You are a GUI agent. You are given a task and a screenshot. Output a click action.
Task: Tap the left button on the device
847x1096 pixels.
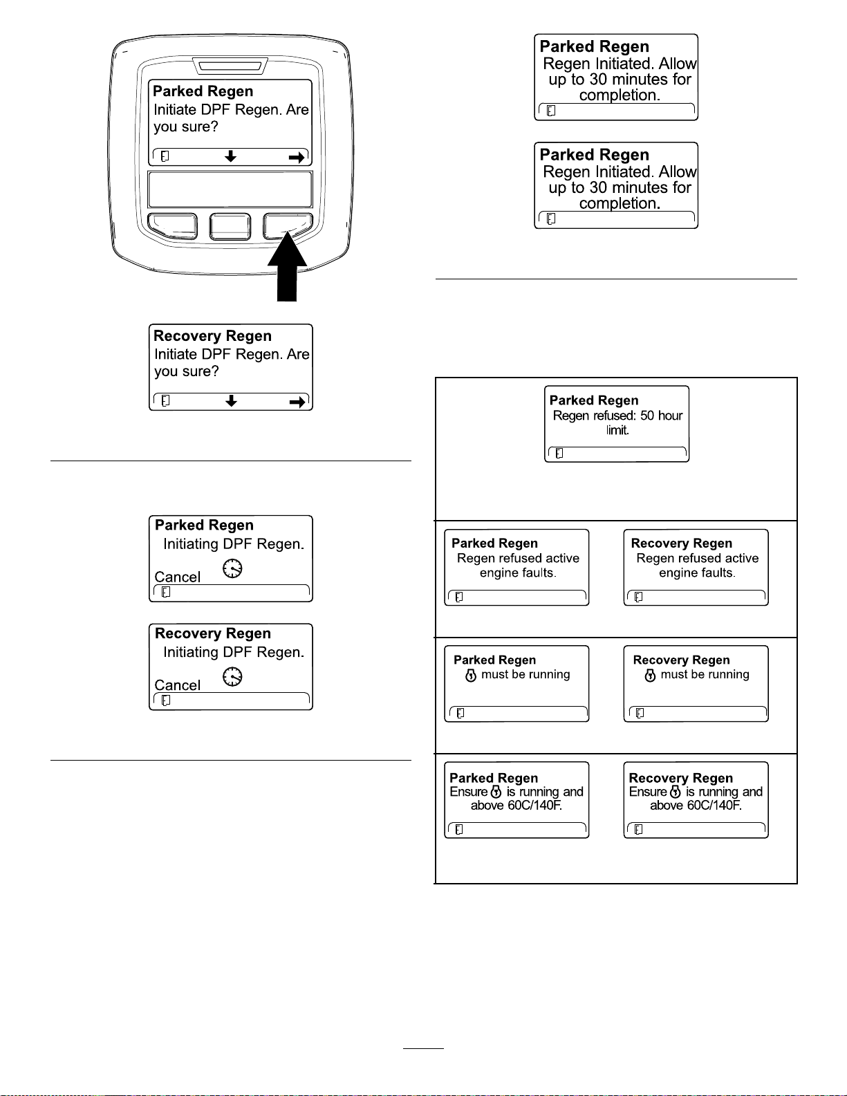point(172,226)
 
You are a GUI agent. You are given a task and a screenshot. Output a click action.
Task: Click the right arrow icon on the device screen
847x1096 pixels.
point(297,158)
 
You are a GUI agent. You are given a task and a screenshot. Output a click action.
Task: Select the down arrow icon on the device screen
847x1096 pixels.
point(230,156)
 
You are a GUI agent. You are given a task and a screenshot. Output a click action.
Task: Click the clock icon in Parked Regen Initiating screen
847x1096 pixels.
point(232,568)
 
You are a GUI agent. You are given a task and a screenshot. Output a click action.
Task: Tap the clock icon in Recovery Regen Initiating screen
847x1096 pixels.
point(232,676)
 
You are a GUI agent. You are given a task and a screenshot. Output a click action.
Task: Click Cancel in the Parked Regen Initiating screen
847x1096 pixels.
point(177,577)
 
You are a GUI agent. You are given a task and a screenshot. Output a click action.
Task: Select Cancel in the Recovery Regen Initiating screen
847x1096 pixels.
point(177,685)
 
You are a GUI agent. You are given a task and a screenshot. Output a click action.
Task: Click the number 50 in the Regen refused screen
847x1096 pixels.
point(647,416)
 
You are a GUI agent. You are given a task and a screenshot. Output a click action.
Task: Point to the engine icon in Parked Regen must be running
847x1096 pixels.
point(470,676)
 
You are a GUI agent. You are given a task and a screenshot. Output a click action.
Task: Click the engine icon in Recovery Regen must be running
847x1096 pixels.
point(650,676)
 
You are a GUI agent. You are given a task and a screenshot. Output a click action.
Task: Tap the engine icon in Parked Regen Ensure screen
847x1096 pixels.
point(496,791)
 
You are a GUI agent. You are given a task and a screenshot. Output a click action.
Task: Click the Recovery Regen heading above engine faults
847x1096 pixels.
point(681,544)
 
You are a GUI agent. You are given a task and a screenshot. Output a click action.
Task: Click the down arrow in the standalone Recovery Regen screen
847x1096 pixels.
point(231,400)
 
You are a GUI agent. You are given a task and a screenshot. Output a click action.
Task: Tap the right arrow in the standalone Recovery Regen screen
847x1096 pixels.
point(297,402)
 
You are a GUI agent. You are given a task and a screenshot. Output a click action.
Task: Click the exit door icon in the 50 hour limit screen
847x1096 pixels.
point(559,454)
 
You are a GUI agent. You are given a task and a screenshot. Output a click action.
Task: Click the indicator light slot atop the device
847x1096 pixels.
point(230,66)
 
